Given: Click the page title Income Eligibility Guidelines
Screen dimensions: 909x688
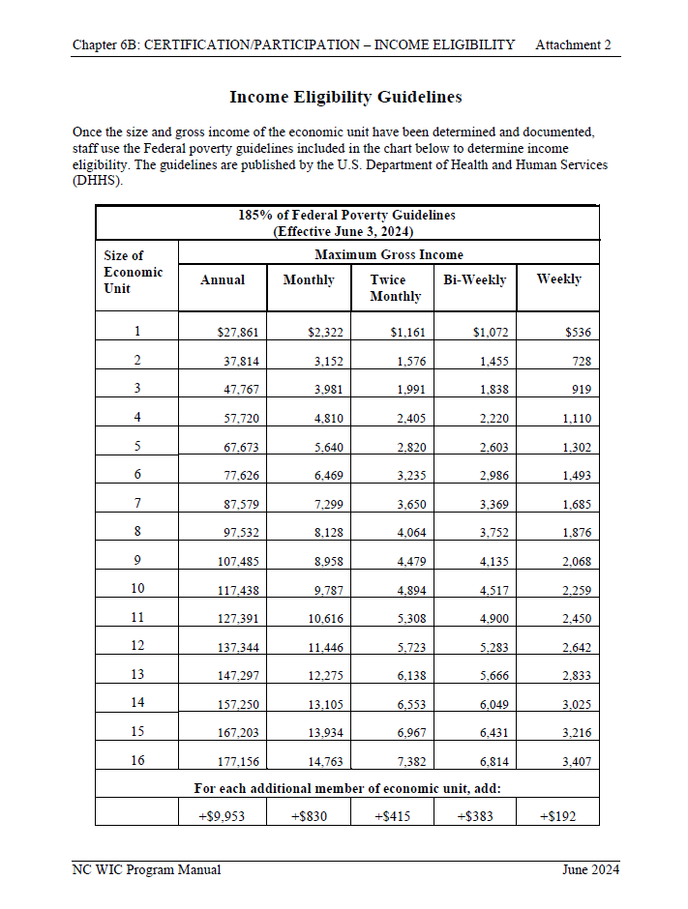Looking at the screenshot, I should (345, 97).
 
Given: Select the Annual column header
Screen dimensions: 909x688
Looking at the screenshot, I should (222, 279).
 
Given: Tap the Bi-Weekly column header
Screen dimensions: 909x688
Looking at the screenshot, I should (474, 279).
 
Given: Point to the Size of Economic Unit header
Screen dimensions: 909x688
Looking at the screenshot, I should (134, 272).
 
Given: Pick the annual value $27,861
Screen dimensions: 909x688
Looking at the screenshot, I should (238, 333).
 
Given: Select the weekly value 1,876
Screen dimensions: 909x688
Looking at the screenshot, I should (577, 533).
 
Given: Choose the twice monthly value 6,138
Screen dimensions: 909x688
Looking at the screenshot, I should (407, 676).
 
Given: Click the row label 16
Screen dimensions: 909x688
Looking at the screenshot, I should (137, 760).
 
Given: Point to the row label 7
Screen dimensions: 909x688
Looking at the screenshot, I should (137, 503).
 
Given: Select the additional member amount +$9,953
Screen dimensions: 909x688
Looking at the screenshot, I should (221, 816).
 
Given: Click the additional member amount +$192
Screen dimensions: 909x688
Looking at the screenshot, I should (557, 816).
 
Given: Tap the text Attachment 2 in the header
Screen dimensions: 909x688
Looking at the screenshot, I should (573, 45).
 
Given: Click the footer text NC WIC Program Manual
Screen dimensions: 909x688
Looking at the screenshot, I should (146, 869).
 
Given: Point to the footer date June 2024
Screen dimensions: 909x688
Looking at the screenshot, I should (590, 869).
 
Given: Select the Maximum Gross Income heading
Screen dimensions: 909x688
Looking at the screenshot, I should (389, 254).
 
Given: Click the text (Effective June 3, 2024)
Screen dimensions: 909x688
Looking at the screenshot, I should (346, 231).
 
